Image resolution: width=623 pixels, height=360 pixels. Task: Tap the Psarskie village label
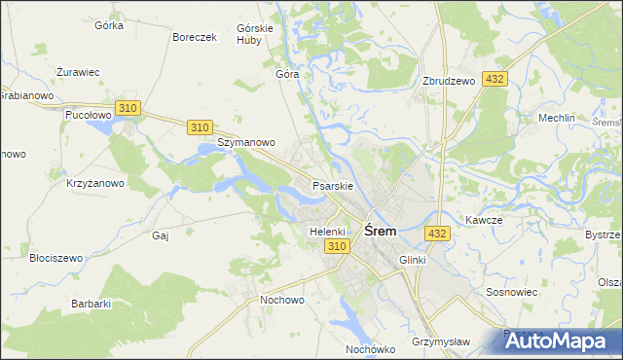(x=332, y=185)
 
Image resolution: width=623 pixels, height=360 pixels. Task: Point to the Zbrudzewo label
(x=449, y=82)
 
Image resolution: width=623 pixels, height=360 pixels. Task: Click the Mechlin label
(x=557, y=118)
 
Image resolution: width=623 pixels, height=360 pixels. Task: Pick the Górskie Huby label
(x=254, y=35)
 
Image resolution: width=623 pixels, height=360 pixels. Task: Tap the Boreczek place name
(x=193, y=37)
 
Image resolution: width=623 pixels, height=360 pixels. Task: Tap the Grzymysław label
(x=441, y=342)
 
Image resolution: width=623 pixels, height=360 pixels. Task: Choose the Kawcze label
(x=484, y=220)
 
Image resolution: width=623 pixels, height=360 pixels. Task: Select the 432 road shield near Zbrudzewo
(x=495, y=79)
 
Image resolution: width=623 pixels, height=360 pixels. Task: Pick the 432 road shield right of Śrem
(x=437, y=234)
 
